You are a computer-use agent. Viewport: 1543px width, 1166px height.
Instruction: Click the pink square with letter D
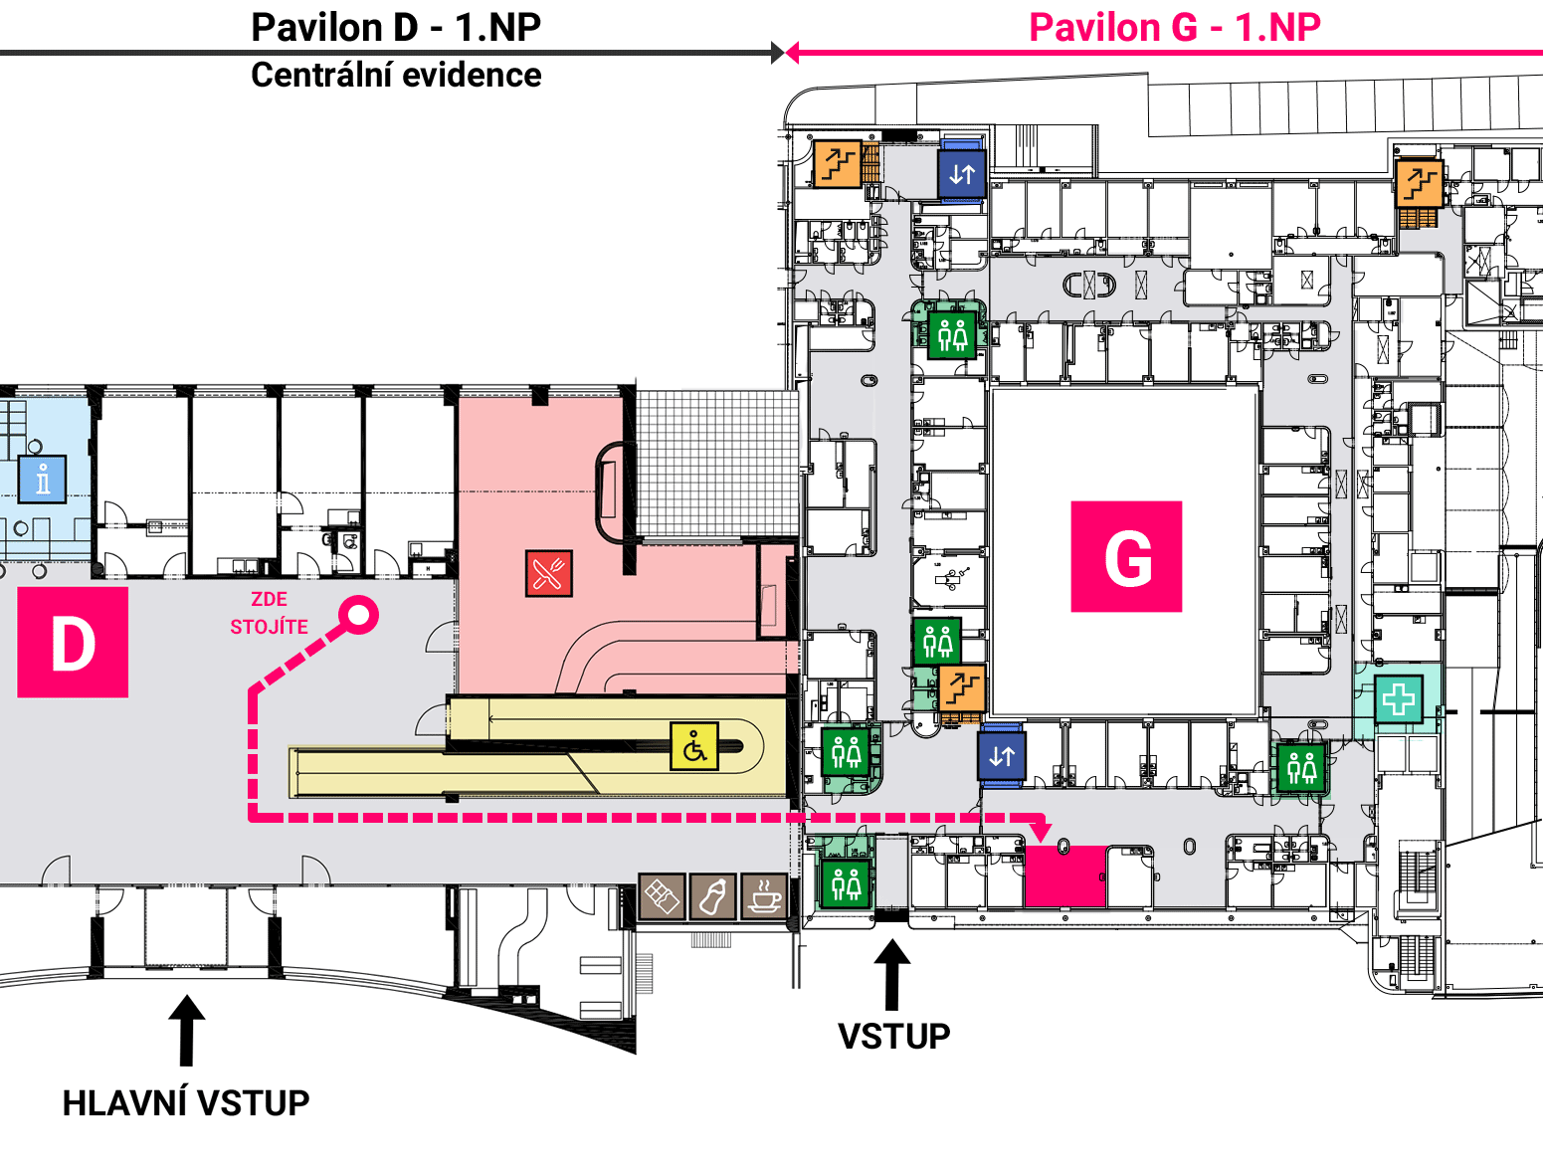(x=73, y=642)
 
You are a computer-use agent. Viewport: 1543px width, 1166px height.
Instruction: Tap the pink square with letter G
(x=1126, y=556)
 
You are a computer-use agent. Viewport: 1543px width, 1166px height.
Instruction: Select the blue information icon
(x=42, y=480)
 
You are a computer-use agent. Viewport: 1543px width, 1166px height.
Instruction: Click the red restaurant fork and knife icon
(x=549, y=573)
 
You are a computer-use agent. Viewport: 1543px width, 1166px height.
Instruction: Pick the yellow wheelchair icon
(x=694, y=746)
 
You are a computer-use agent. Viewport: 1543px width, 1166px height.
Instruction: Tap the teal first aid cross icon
(x=1398, y=698)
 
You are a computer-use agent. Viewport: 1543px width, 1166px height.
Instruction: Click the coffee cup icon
(x=764, y=896)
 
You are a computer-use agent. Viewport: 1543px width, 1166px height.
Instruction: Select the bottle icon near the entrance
(x=712, y=896)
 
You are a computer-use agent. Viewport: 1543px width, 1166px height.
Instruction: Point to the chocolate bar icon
(x=662, y=896)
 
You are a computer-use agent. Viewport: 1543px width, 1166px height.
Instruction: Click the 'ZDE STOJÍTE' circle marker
(x=358, y=615)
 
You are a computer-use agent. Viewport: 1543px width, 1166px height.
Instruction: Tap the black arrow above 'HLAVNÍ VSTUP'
(x=186, y=1030)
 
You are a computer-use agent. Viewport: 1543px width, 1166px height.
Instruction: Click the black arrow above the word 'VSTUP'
(x=892, y=974)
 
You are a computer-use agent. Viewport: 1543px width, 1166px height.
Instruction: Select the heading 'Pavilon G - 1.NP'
(x=1175, y=28)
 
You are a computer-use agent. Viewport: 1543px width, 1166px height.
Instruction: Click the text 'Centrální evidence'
(x=397, y=76)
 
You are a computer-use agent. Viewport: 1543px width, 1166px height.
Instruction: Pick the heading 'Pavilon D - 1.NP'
(x=397, y=28)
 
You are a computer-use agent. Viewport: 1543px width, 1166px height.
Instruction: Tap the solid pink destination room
(x=1065, y=876)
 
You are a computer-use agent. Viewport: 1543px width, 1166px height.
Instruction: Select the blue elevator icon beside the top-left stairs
(x=962, y=173)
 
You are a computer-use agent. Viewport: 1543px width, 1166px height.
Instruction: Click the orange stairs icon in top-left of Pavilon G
(x=838, y=164)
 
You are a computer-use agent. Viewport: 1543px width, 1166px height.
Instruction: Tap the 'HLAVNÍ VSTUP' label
(x=186, y=1102)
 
